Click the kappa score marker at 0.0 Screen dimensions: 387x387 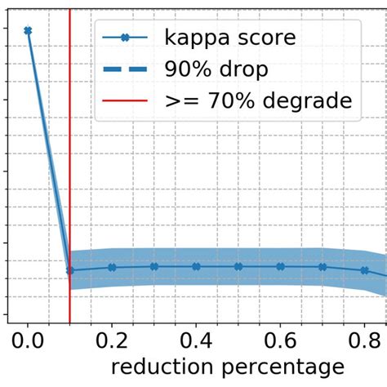pyautogui.click(x=28, y=31)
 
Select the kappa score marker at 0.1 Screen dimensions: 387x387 pyautogui.click(x=70, y=270)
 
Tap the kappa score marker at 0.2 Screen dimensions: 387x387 pyautogui.click(x=112, y=267)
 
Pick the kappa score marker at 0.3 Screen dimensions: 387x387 pyautogui.click(x=154, y=266)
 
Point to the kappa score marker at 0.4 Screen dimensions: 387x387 pyautogui.click(x=196, y=266)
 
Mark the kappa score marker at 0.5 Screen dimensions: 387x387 pyautogui.click(x=238, y=266)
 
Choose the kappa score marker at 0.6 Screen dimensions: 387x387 pyautogui.click(x=280, y=266)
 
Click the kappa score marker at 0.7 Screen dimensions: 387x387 pyautogui.click(x=322, y=266)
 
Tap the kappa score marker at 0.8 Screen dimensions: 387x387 pyautogui.click(x=364, y=270)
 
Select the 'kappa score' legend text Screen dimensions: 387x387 pyautogui.click(x=230, y=38)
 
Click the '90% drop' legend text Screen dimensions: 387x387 pyautogui.click(x=216, y=69)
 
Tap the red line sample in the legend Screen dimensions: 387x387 pyautogui.click(x=125, y=101)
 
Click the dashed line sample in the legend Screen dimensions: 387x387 pyautogui.click(x=125, y=69)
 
